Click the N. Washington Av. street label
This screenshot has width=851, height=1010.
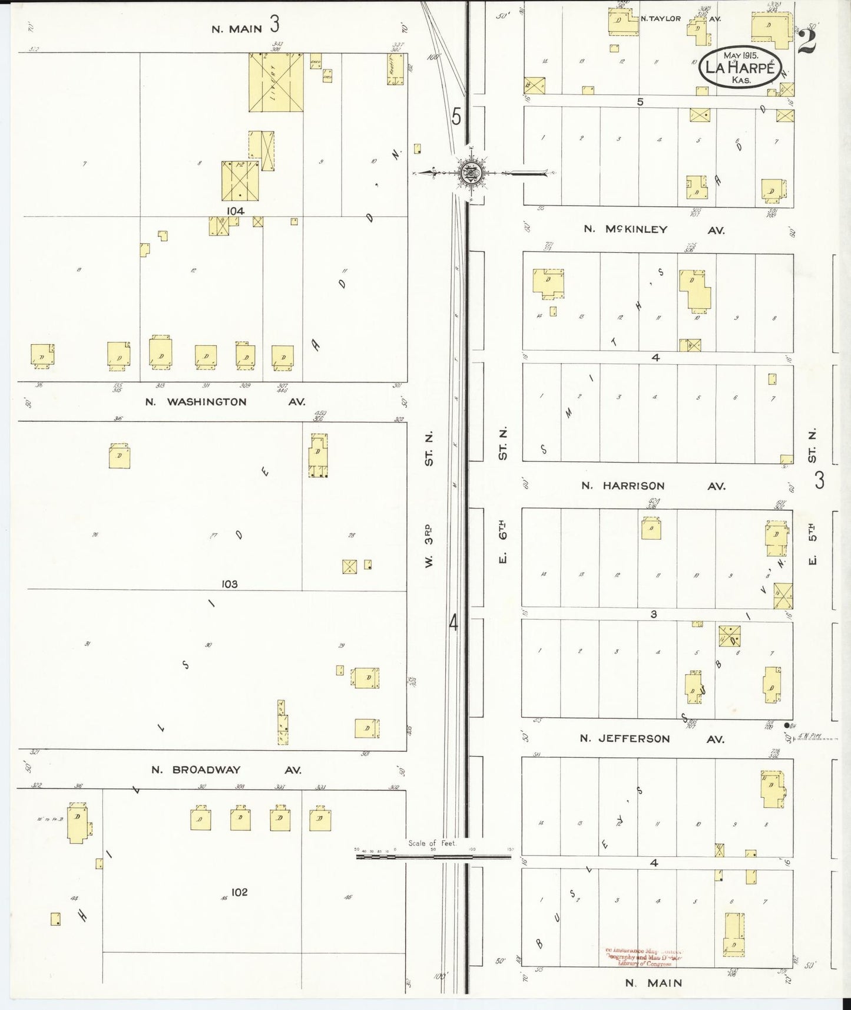click(225, 402)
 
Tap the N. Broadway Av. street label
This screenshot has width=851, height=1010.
click(226, 770)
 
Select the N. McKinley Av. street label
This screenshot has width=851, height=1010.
click(654, 229)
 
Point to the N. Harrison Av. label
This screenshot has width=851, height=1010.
click(653, 486)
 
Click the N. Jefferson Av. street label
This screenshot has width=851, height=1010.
click(652, 738)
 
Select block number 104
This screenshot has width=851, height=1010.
click(234, 210)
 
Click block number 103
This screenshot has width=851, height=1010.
click(229, 584)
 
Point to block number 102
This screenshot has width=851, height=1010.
click(239, 892)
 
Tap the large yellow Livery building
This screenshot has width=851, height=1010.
click(276, 82)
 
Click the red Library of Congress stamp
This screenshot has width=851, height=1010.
click(644, 957)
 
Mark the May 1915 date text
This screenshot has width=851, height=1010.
click(741, 55)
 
